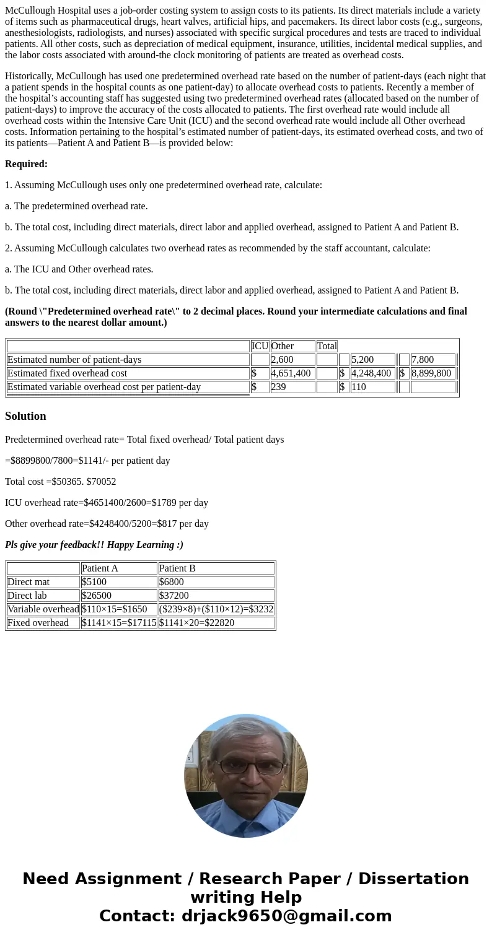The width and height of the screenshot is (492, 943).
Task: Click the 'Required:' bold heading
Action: click(x=26, y=164)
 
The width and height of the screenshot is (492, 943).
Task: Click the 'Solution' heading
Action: click(x=25, y=416)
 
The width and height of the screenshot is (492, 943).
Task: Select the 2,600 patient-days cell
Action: click(x=292, y=360)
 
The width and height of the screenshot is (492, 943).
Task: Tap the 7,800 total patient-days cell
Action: click(x=433, y=360)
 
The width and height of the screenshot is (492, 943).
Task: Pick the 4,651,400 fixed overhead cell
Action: click(x=292, y=373)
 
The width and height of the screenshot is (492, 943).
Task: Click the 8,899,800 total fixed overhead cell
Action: click(x=433, y=373)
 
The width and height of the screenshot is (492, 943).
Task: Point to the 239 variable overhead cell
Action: click(x=292, y=387)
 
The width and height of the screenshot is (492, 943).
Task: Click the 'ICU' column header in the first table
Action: click(x=260, y=346)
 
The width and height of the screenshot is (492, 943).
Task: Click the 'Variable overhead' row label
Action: click(x=43, y=609)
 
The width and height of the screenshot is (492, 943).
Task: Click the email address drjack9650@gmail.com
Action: click(x=286, y=916)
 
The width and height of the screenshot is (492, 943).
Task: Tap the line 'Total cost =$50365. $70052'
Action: click(x=61, y=482)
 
